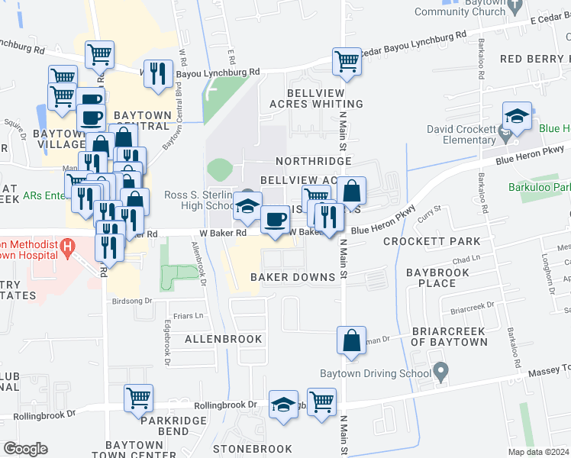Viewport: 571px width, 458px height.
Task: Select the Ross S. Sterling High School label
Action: [x=199, y=200]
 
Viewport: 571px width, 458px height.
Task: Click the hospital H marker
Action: [x=68, y=247]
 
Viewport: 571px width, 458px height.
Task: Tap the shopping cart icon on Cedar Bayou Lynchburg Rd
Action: [x=347, y=62]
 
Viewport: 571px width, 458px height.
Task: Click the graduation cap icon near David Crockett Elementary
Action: [x=517, y=117]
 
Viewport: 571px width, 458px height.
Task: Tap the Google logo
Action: [x=25, y=448]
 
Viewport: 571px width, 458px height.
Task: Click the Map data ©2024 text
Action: [x=538, y=452]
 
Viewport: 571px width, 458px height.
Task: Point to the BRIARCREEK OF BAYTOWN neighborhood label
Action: [x=449, y=337]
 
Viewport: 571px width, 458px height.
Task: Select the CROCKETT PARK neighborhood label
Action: [x=431, y=241]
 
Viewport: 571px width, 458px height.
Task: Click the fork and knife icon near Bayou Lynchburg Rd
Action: [x=158, y=74]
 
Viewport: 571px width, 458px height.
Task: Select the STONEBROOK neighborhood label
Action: [x=252, y=449]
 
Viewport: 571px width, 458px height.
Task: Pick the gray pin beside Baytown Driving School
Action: [x=440, y=373]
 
